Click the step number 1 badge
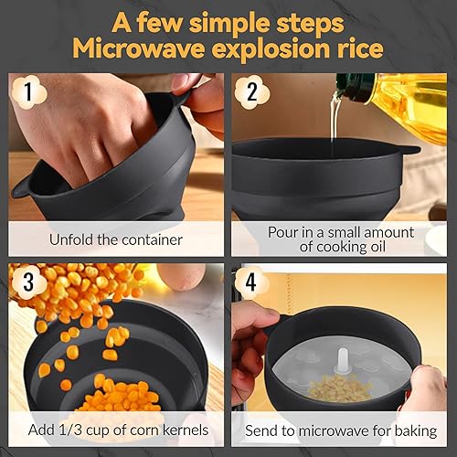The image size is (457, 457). (x=29, y=92)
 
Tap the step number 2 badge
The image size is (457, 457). (x=252, y=92)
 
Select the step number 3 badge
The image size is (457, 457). (x=29, y=282)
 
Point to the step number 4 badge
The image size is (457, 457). (x=251, y=282)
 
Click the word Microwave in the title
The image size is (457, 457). (x=138, y=49)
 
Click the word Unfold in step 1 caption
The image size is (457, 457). (x=71, y=239)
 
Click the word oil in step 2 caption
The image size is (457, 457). (x=378, y=247)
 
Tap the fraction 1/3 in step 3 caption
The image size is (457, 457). (x=72, y=430)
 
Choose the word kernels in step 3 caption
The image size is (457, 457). (x=186, y=430)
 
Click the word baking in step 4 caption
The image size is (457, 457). (x=416, y=431)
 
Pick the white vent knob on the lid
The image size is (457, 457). (x=342, y=360)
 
